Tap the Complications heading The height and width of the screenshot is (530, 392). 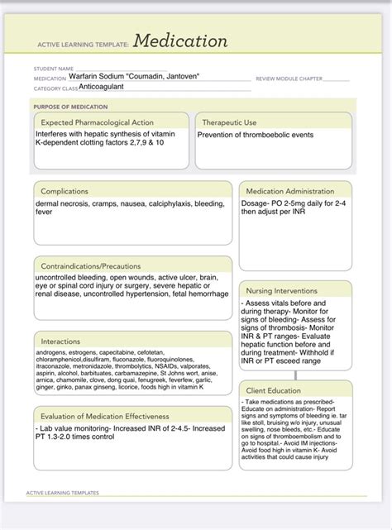[65, 191]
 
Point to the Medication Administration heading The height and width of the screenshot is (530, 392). [289, 191]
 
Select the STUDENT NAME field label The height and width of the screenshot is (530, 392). [54, 69]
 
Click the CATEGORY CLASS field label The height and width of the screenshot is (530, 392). [55, 88]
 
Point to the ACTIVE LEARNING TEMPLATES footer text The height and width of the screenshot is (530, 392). [62, 492]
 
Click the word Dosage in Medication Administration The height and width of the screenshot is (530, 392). [256, 203]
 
